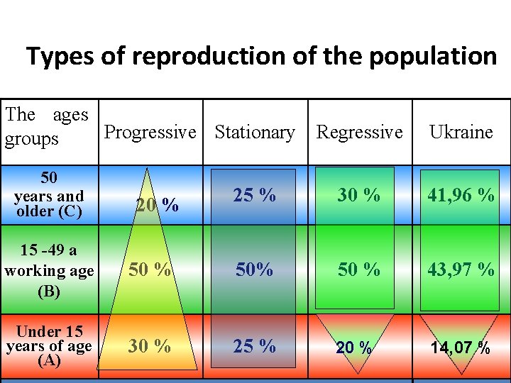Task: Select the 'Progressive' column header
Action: tap(150, 132)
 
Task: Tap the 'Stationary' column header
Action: tap(254, 132)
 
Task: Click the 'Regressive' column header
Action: tap(359, 132)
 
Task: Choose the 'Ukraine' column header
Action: tap(461, 132)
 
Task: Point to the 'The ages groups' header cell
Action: tap(47, 126)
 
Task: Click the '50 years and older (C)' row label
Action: tap(48, 194)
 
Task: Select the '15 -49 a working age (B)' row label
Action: tap(48, 270)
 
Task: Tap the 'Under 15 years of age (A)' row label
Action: tap(48, 345)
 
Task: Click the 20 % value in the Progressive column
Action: tap(157, 205)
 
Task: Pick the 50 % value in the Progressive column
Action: tap(149, 270)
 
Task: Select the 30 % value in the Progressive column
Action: tap(149, 345)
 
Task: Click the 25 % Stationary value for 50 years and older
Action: tap(255, 195)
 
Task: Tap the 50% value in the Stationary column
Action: tap(255, 270)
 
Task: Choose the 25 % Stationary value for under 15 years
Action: tap(255, 345)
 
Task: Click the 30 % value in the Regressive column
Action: tap(358, 195)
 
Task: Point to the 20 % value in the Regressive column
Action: tap(354, 348)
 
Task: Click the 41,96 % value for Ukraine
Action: tap(461, 195)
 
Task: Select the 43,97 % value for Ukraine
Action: tap(461, 270)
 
